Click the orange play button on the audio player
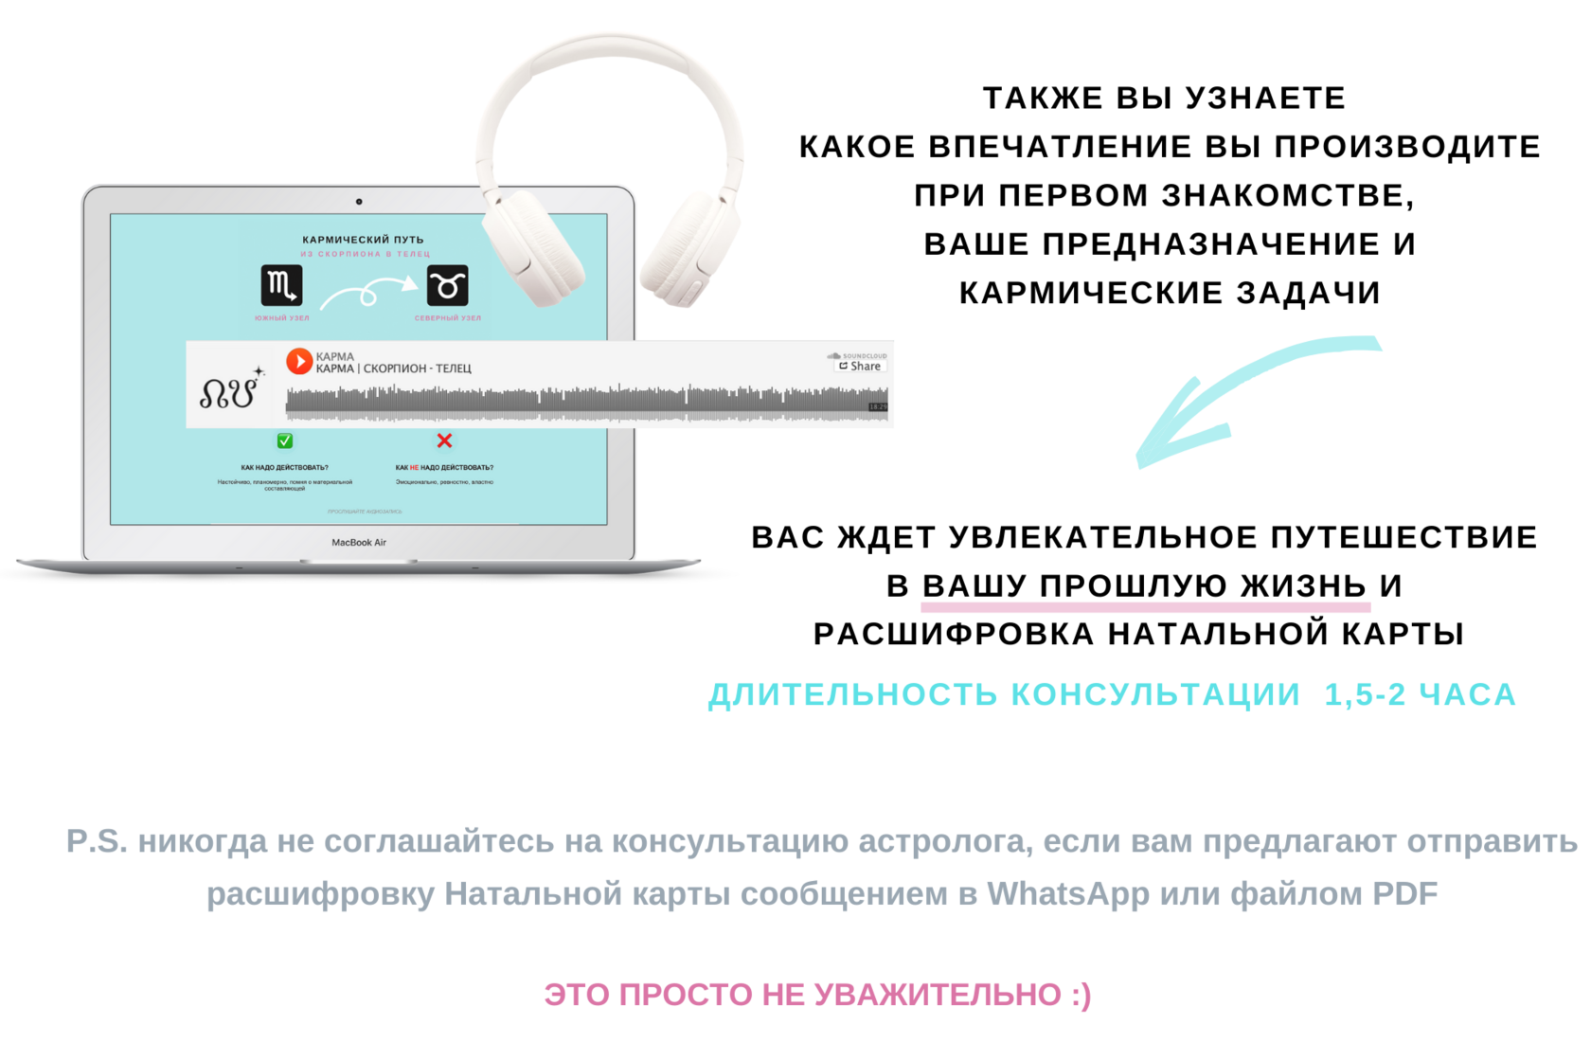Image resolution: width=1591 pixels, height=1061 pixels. pyautogui.click(x=299, y=361)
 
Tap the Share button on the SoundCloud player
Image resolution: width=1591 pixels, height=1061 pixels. pyautogui.click(x=860, y=367)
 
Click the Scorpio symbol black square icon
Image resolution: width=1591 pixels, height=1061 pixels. pyautogui.click(x=281, y=285)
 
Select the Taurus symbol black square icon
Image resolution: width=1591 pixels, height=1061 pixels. pyautogui.click(x=448, y=285)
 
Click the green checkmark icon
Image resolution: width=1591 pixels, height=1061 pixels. pyautogui.click(x=285, y=441)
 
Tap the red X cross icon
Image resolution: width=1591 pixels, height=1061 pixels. pyautogui.click(x=444, y=441)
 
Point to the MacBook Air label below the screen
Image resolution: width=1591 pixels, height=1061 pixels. pyautogui.click(x=359, y=543)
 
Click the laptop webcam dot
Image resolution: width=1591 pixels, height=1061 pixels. pyautogui.click(x=359, y=202)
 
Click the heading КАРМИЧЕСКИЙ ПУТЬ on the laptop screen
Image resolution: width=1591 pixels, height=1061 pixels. pyautogui.click(x=363, y=240)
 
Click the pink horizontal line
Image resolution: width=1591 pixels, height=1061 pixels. pyautogui.click(x=1146, y=607)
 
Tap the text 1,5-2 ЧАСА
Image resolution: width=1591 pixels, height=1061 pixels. pyautogui.click(x=1420, y=694)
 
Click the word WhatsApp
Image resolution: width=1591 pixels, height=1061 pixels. pyautogui.click(x=1067, y=893)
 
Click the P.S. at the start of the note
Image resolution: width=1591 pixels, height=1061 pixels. pyautogui.click(x=96, y=841)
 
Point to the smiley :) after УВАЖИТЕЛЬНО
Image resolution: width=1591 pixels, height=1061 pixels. pyautogui.click(x=1082, y=995)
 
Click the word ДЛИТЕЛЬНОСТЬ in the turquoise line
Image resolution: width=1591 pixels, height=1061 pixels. pyautogui.click(x=852, y=694)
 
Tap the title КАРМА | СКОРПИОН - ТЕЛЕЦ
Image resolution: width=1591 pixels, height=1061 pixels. pyautogui.click(x=394, y=369)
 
